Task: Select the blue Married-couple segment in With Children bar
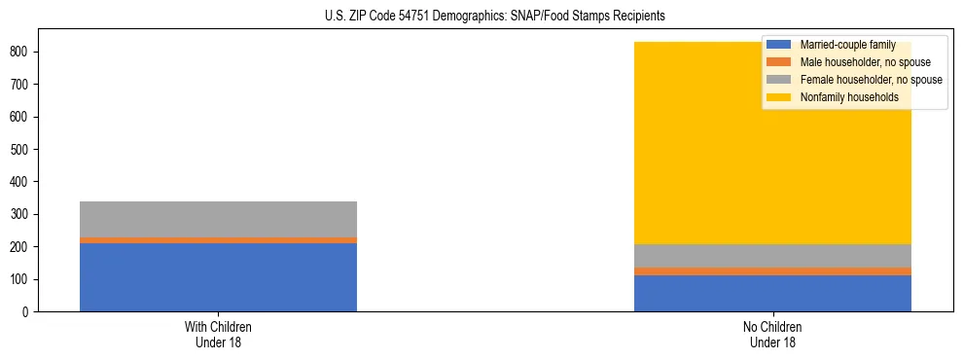point(218,277)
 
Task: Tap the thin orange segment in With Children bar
point(218,240)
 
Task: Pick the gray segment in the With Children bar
point(218,219)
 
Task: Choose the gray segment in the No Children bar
point(772,256)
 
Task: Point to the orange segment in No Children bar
point(772,271)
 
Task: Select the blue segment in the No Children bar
point(772,294)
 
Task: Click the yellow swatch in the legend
point(779,97)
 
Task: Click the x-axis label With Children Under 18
point(218,334)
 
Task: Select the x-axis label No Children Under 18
point(772,334)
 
